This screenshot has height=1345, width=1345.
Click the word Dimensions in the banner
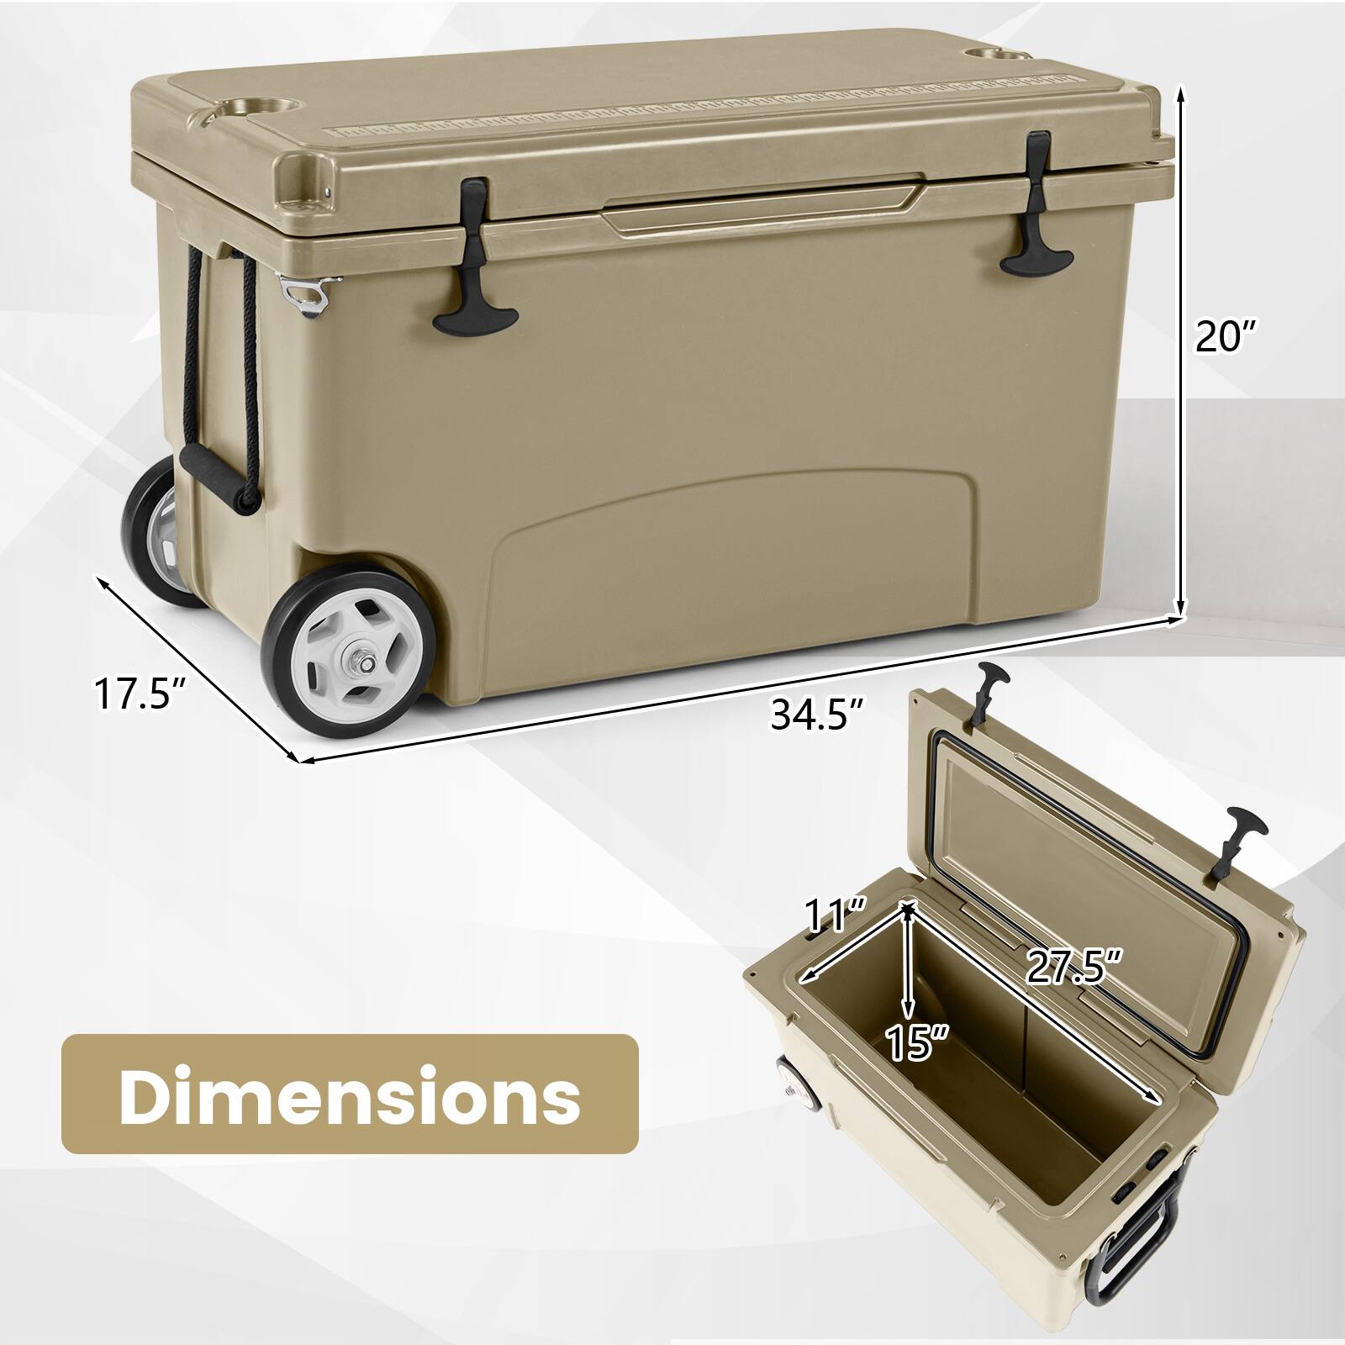pyautogui.click(x=350, y=1094)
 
